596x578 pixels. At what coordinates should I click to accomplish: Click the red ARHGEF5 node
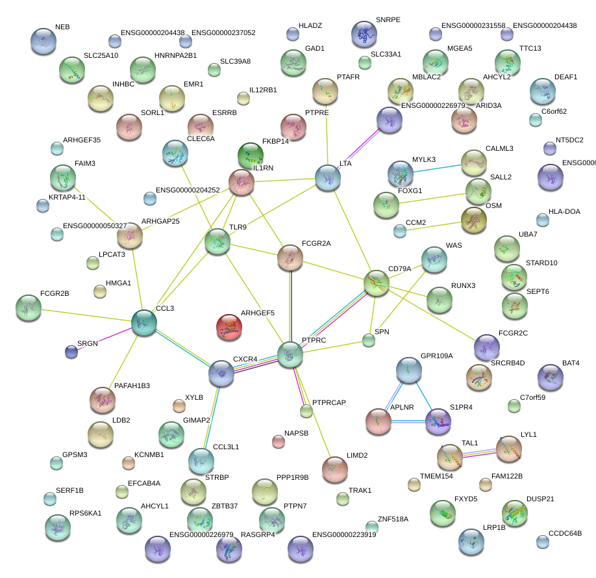pos(229,327)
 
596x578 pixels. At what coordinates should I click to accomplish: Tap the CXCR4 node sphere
pos(221,373)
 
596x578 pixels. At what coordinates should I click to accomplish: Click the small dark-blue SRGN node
pos(71,352)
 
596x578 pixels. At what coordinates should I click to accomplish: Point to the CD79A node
pos(376,283)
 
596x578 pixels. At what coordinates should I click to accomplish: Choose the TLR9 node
pos(217,242)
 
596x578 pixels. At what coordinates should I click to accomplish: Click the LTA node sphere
pos(328,177)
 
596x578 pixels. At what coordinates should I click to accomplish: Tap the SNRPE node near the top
pos(364,34)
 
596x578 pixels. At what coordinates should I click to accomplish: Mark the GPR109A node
pos(409,370)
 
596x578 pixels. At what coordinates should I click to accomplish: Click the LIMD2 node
pos(335,470)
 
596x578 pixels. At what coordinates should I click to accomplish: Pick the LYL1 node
pos(508,449)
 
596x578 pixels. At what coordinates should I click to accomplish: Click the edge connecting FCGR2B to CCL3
pos(84,315)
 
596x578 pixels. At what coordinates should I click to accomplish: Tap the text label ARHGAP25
pos(161,221)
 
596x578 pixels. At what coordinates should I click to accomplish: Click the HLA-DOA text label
pos(564,211)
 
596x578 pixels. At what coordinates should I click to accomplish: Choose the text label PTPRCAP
pos(329,403)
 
